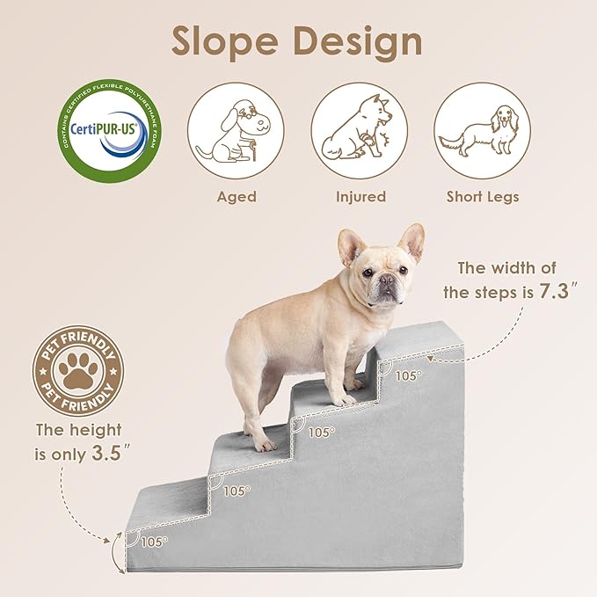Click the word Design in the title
[361, 41]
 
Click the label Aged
[237, 197]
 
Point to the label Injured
[360, 197]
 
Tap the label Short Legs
[483, 197]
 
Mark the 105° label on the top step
[407, 375]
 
